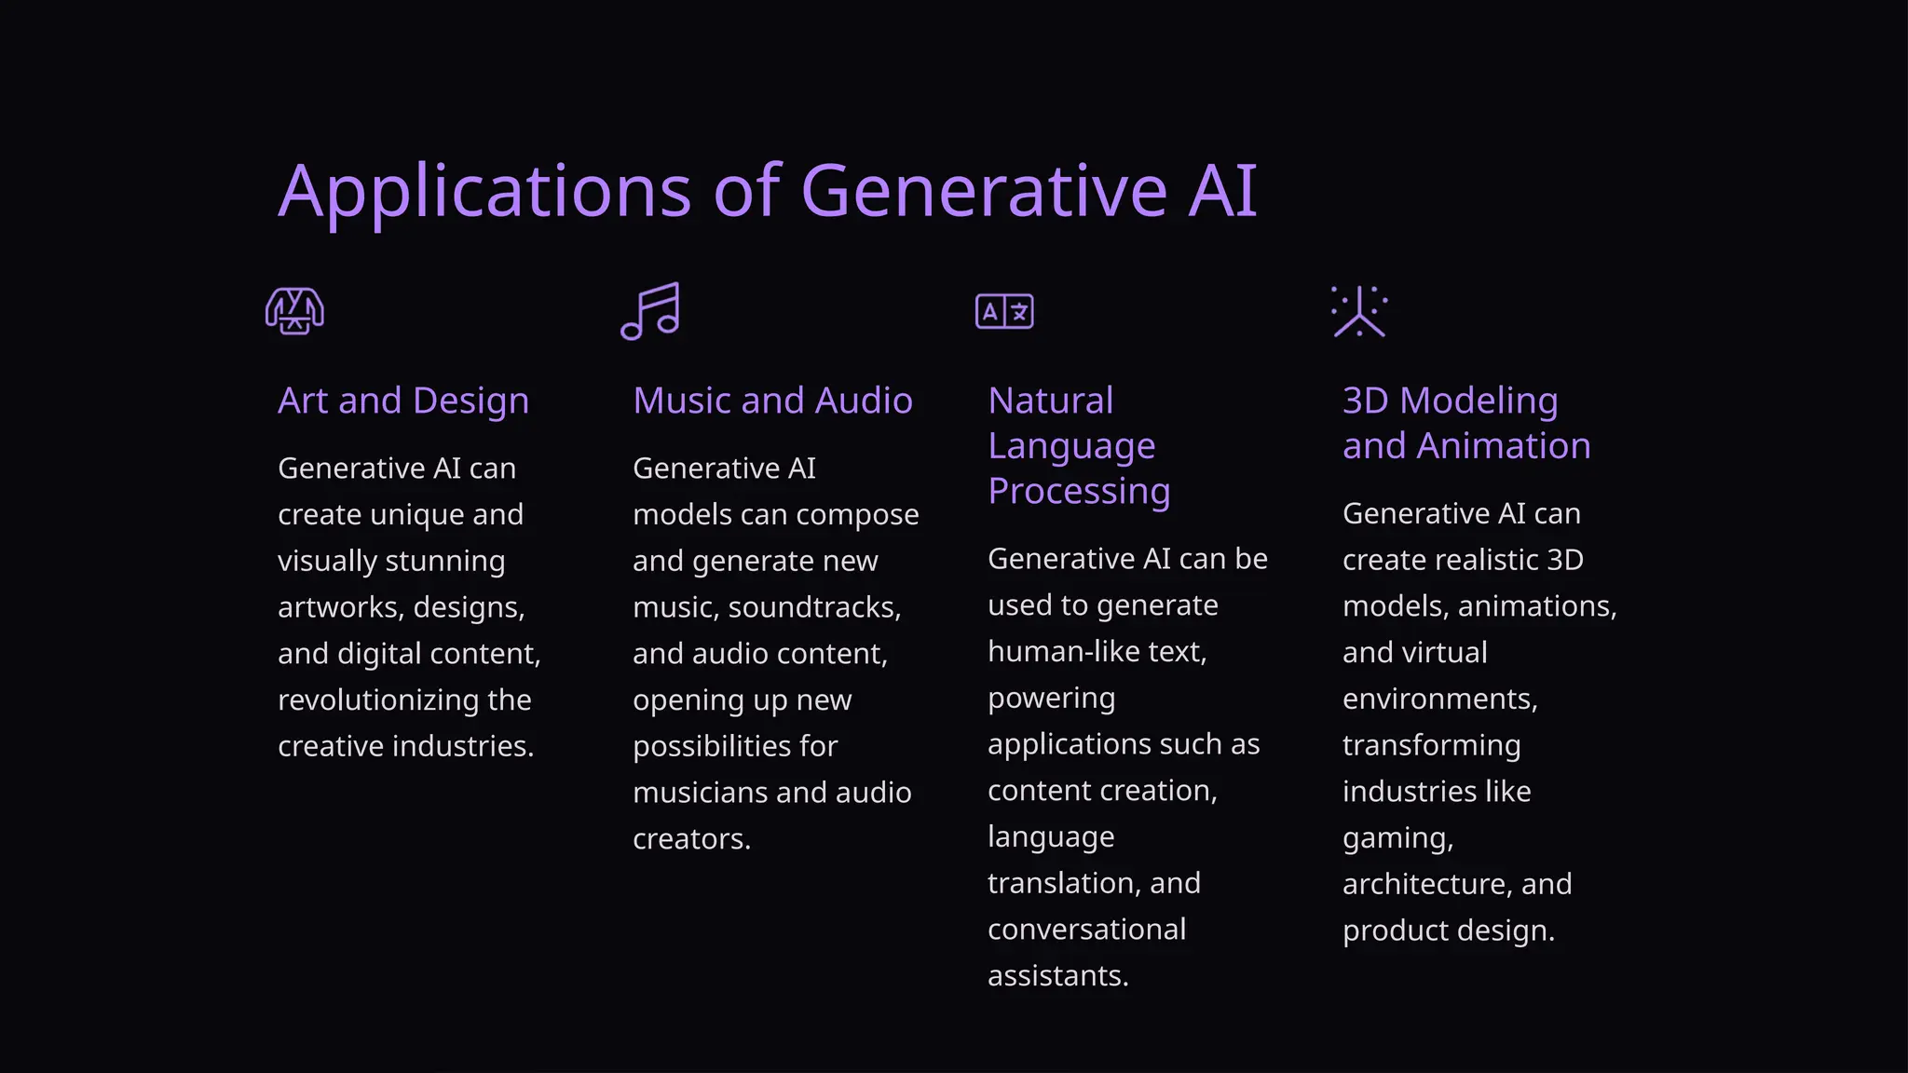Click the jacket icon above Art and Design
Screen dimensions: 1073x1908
pos(294,311)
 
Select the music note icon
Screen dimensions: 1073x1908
pos(650,311)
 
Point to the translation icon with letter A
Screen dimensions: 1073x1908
pos(1004,311)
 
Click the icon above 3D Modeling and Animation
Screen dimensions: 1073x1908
pos(1359,311)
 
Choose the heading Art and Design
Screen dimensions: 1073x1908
pos(403,401)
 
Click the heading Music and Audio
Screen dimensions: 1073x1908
pos(772,401)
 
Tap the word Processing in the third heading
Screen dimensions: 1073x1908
pos(1079,491)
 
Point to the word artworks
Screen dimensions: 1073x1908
pos(339,607)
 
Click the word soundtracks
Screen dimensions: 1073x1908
pos(814,607)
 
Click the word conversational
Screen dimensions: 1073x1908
pos(1086,930)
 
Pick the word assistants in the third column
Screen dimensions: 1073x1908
pos(1057,976)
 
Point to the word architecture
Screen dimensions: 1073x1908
pos(1424,884)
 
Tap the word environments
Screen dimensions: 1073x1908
pos(1439,699)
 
